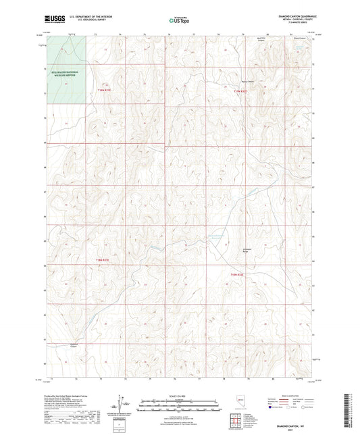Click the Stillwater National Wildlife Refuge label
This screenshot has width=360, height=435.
point(61,75)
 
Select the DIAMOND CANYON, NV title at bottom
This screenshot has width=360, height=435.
point(294,425)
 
